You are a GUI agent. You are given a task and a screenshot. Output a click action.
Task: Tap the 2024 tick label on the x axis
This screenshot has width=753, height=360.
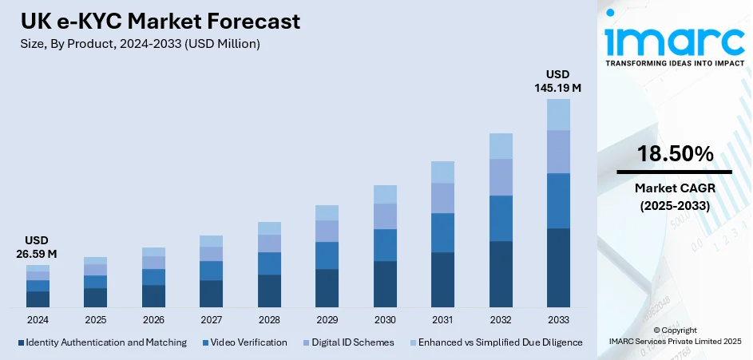click(38, 319)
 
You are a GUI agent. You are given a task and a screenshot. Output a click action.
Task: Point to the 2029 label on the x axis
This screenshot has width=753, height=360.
click(327, 319)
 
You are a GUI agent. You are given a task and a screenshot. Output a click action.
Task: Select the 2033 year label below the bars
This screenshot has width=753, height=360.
click(558, 319)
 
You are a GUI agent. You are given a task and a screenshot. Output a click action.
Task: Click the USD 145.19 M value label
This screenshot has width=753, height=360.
click(557, 81)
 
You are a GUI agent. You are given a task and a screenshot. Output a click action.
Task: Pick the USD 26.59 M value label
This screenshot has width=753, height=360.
click(38, 247)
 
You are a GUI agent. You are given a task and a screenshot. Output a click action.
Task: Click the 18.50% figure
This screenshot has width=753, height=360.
click(675, 155)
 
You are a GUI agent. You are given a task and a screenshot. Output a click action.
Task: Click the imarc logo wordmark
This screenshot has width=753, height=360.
click(674, 37)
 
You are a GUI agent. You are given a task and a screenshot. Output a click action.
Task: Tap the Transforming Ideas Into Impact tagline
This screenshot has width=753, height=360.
click(674, 62)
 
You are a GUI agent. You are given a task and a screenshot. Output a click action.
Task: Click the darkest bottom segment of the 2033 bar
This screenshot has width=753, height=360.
click(558, 267)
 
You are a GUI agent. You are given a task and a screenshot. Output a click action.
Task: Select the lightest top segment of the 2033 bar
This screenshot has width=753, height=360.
click(558, 114)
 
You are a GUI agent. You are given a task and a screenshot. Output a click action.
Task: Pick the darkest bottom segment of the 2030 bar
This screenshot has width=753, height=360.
click(385, 284)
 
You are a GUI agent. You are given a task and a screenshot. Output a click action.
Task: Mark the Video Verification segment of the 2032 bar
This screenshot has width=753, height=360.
click(501, 218)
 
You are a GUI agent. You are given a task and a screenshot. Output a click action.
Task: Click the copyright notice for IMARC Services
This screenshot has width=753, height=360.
click(675, 336)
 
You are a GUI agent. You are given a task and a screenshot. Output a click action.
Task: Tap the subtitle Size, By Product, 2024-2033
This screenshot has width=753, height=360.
click(139, 44)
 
